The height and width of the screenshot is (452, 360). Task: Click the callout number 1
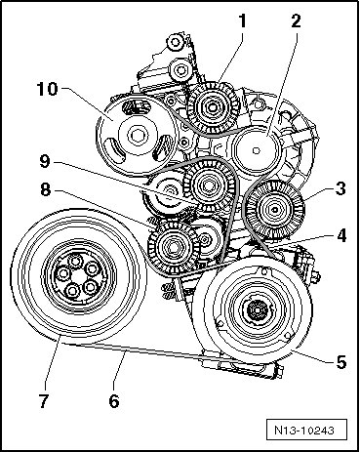[242, 21]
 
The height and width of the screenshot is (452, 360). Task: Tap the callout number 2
[296, 21]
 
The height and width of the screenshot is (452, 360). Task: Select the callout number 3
[340, 188]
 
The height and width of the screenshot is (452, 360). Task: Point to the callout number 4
[341, 236]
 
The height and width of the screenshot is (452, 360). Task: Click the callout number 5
[341, 362]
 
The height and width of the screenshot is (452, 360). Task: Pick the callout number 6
[114, 401]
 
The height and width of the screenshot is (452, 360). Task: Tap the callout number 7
[44, 401]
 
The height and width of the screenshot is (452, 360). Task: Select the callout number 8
[46, 189]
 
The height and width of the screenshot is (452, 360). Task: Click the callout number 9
[45, 161]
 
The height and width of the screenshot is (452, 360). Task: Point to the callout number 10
[47, 89]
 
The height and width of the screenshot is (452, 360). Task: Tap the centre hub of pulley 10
[137, 136]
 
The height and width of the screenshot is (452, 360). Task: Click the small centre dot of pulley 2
[257, 150]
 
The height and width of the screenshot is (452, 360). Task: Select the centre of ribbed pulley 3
[275, 210]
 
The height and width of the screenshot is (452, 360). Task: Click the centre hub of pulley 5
[257, 309]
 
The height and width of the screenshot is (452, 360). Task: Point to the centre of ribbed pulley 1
[213, 106]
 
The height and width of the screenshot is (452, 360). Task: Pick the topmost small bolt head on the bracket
[176, 42]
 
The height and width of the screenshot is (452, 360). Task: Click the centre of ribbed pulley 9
[208, 185]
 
